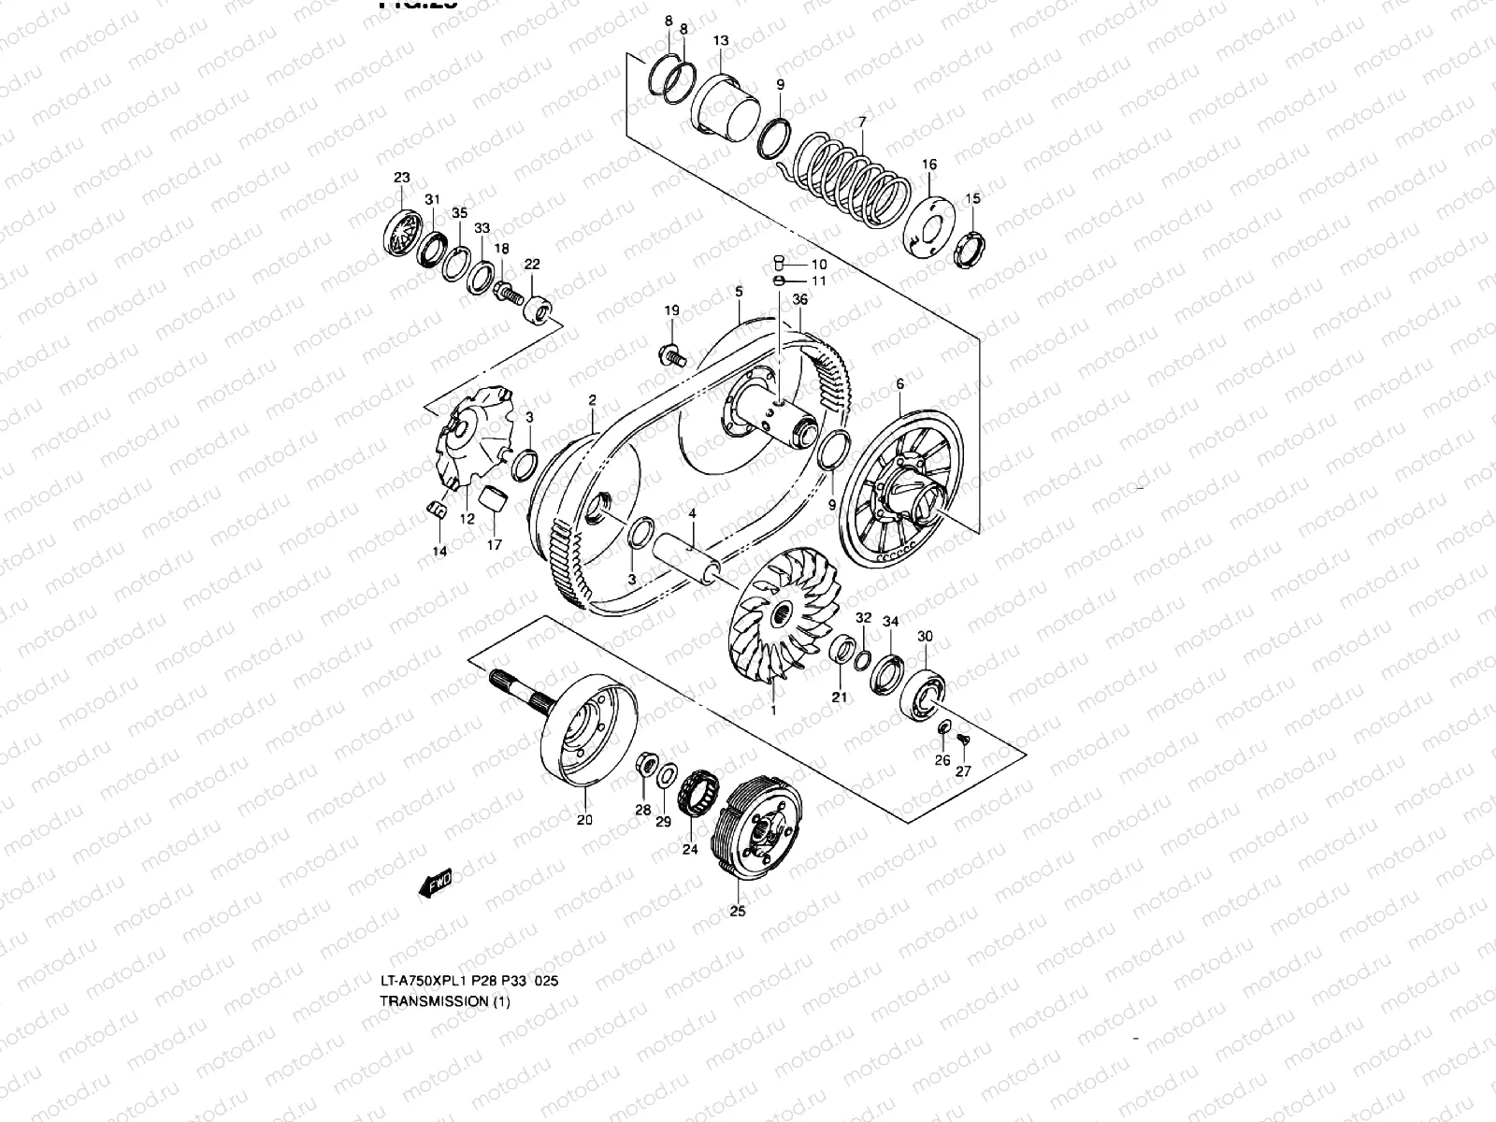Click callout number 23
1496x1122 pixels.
(402, 178)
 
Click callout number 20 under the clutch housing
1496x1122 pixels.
(584, 821)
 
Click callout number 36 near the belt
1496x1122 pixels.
(800, 299)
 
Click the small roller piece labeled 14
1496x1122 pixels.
(434, 508)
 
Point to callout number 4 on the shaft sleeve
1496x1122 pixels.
(692, 514)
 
